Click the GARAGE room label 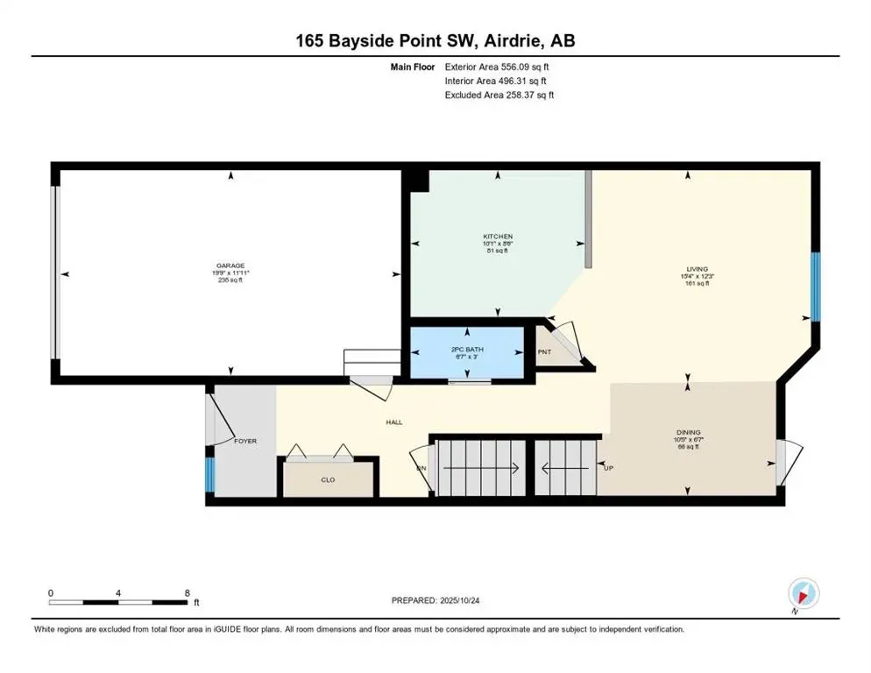(231, 266)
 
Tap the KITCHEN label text (498, 237)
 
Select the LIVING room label (698, 269)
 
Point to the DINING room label (688, 432)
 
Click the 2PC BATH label (467, 350)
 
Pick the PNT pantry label (544, 352)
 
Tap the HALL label (394, 422)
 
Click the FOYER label (245, 441)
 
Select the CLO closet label (328, 479)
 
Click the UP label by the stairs (608, 467)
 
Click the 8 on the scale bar (187, 592)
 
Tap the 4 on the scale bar (118, 592)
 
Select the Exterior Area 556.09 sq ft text (498, 66)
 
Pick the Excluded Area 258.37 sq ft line (499, 95)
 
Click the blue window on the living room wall (815, 287)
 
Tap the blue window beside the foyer (209, 476)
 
